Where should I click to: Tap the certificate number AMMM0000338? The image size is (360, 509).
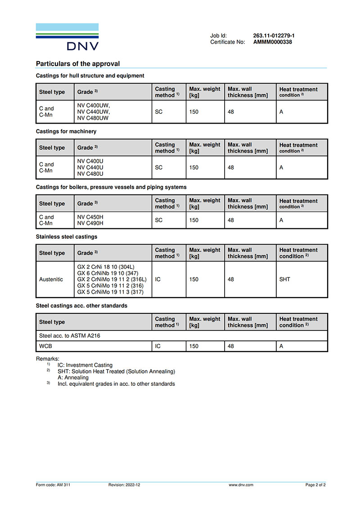[x=273, y=42]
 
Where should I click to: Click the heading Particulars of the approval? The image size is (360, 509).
[x=78, y=64]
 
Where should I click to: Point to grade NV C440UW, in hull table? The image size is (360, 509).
[x=94, y=112]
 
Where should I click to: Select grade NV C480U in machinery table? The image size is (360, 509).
[x=90, y=174]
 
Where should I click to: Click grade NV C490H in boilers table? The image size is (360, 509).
[x=90, y=223]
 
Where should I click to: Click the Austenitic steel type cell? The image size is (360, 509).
[x=51, y=279]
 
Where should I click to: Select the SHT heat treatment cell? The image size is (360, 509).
[x=285, y=279]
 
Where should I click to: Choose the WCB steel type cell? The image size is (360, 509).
[x=46, y=347]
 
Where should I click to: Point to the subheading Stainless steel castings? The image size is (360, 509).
[x=67, y=237]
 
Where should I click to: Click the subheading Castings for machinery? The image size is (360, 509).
[x=66, y=131]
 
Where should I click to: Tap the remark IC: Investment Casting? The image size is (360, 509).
[x=85, y=365]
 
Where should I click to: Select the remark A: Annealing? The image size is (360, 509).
[x=73, y=378]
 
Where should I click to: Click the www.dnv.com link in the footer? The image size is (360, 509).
[x=241, y=485]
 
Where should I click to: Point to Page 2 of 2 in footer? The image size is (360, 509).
[x=315, y=485]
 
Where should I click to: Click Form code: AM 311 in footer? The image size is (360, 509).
[x=53, y=485]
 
